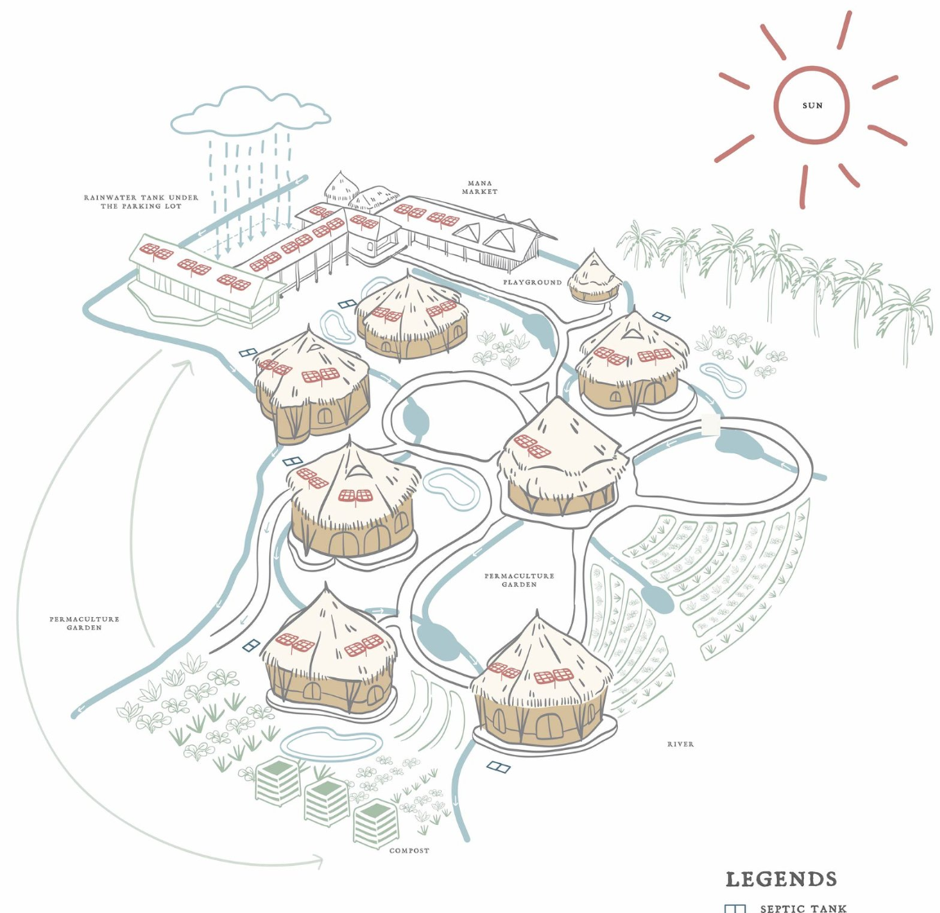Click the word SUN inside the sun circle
[812, 106]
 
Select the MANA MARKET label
[479, 187]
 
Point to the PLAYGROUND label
[532, 282]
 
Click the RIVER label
[681, 744]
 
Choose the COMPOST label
[409, 850]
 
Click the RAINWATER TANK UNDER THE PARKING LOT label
[141, 201]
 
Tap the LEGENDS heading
[781, 880]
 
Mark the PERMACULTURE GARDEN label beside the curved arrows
[84, 623]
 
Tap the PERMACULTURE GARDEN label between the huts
[519, 580]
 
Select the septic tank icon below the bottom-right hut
[497, 766]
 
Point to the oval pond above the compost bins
[330, 743]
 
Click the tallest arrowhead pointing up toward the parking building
[183, 364]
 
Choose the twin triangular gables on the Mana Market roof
[487, 237]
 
